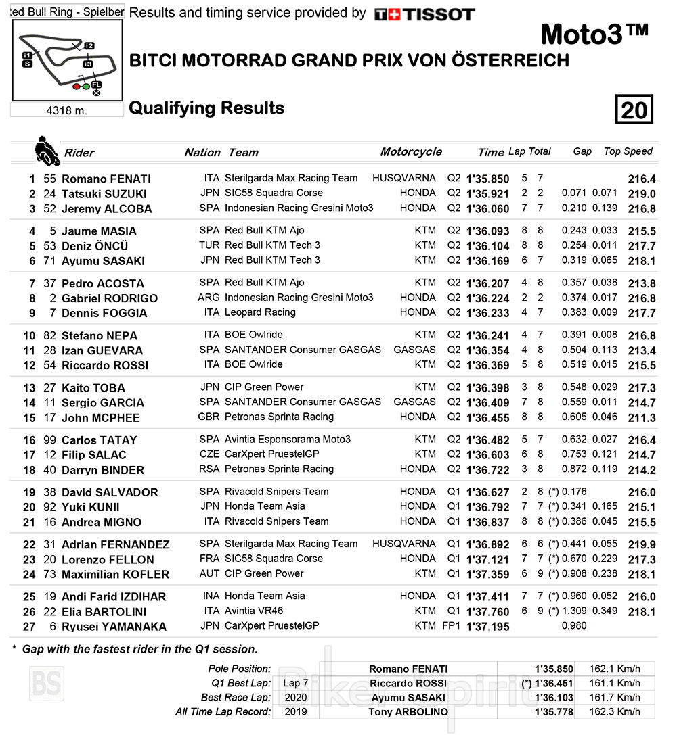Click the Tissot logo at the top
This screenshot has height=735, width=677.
(x=424, y=14)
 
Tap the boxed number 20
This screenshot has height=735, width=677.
(x=634, y=110)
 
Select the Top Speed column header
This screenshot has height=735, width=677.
(x=628, y=151)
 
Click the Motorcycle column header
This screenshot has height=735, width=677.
(x=411, y=152)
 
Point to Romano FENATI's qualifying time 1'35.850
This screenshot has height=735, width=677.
(x=487, y=179)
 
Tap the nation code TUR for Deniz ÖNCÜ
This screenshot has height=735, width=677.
(x=209, y=245)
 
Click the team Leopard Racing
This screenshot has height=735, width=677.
(x=260, y=312)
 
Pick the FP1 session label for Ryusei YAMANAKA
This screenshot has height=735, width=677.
(x=451, y=626)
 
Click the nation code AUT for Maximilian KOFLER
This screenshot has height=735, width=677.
(x=209, y=573)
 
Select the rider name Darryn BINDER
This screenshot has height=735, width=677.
(x=103, y=470)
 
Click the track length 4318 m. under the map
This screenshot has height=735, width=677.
(x=67, y=110)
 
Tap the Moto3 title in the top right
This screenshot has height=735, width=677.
(x=594, y=34)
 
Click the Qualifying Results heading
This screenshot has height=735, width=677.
(x=206, y=108)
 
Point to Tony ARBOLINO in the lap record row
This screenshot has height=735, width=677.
(x=408, y=711)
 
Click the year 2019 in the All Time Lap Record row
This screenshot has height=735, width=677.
(x=295, y=711)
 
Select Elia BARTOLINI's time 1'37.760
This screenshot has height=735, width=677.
(x=487, y=612)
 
